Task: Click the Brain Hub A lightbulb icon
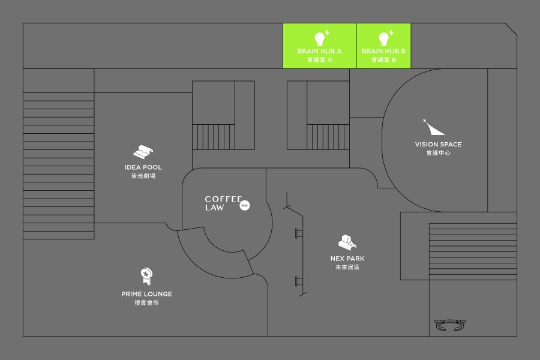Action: click(320, 38)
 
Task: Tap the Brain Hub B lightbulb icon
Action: click(384, 38)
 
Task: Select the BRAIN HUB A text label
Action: click(319, 52)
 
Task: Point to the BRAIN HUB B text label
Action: click(384, 52)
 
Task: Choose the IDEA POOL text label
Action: click(143, 167)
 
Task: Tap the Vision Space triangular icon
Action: click(434, 127)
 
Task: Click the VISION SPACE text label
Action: click(438, 145)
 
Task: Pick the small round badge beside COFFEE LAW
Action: click(245, 206)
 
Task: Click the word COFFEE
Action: click(223, 199)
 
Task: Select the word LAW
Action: click(214, 208)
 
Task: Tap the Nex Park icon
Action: click(347, 242)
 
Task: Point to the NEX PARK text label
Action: click(347, 259)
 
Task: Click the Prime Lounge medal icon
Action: click(146, 276)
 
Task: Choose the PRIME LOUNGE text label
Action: click(146, 294)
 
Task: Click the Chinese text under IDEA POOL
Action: click(143, 176)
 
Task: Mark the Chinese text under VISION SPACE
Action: click(438, 153)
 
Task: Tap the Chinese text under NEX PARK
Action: click(347, 267)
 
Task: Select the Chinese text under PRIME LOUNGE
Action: click(146, 302)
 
